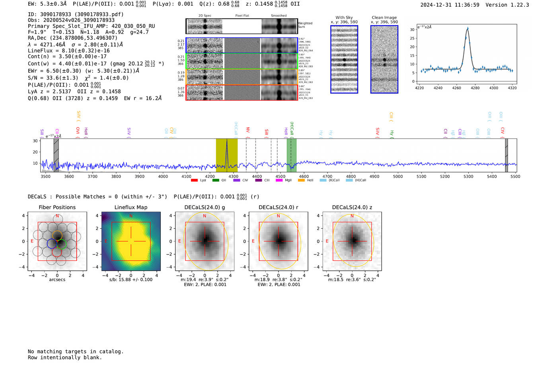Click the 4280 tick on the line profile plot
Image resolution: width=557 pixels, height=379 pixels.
475,88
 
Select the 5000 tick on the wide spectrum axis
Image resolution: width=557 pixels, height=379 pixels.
398,177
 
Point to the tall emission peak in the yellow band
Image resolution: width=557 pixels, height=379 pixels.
227,141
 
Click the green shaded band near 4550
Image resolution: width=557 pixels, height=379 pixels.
292,155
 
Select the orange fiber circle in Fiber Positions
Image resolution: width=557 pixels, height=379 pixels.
57,235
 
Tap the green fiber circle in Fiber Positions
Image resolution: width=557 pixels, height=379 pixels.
61,244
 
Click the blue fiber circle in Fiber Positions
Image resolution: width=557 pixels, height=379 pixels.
52,243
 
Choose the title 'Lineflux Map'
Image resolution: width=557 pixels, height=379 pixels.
131,207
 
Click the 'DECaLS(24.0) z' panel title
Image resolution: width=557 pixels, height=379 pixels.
352,207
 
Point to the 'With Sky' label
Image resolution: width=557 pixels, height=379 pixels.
344,17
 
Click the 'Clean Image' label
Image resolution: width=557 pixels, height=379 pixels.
384,17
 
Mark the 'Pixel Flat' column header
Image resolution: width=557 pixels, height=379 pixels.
242,16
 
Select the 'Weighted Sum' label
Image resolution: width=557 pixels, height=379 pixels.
305,25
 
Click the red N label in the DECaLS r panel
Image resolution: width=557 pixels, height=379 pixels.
278,216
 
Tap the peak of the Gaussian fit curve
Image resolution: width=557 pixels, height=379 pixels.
467,29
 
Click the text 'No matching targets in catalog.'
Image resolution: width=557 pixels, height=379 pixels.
76,352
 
